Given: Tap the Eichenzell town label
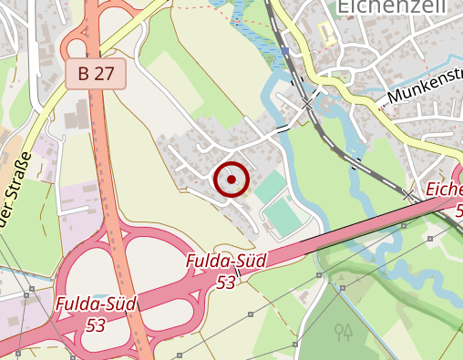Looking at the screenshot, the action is pyautogui.click(x=382, y=8).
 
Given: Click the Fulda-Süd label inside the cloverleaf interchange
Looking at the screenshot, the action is pyautogui.click(x=95, y=304).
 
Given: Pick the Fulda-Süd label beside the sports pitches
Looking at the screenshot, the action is pyautogui.click(x=225, y=262).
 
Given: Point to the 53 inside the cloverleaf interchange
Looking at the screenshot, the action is pyautogui.click(x=95, y=324).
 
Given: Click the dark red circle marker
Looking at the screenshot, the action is pyautogui.click(x=231, y=180).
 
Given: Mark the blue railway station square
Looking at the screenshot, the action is pyautogui.click(x=285, y=51).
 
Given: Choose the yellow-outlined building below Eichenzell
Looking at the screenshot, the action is pyautogui.click(x=326, y=35).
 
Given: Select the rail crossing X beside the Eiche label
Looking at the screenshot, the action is pyautogui.click(x=408, y=194).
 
